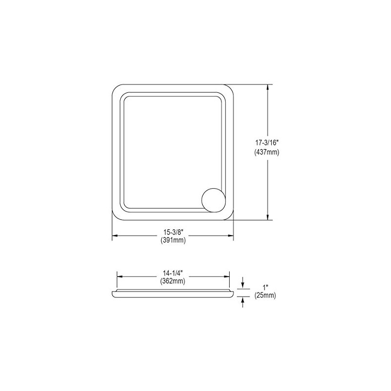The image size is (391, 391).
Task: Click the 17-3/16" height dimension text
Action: point(267,144)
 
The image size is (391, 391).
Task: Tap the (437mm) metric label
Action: point(267,152)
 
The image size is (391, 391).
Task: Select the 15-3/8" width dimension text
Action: point(173,232)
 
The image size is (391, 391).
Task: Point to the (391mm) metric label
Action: point(173,240)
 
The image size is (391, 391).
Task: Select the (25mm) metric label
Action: point(265,296)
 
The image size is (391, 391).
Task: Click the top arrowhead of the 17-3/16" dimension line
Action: point(268,87)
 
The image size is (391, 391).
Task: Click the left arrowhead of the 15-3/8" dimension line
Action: point(115,237)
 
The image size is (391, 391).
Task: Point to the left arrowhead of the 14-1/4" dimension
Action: point(119,277)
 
